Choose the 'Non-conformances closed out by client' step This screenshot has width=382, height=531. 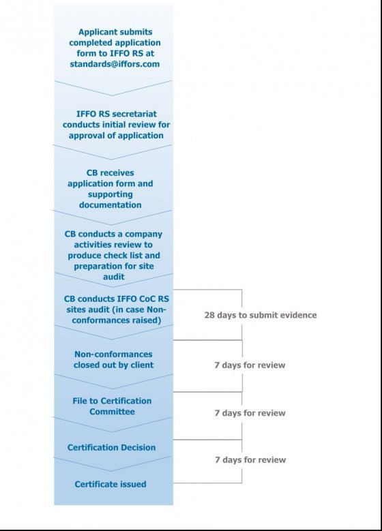(x=113, y=359)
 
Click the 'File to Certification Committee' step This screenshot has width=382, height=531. (x=113, y=406)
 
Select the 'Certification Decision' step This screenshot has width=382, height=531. (x=111, y=448)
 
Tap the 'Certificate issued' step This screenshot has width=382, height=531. (x=111, y=485)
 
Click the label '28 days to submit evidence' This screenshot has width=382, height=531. (x=261, y=316)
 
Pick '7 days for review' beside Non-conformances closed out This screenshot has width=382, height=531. (x=250, y=365)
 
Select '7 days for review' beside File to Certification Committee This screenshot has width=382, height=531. (x=250, y=413)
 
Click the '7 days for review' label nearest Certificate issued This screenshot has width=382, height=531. (x=250, y=460)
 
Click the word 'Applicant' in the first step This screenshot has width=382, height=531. (x=99, y=32)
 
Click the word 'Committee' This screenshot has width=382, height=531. (x=114, y=412)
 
